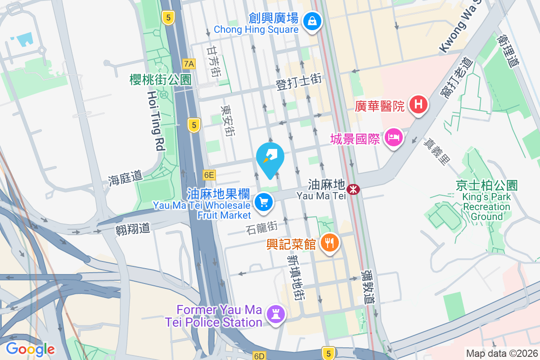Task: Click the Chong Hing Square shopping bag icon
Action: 311,20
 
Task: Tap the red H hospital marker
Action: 418,105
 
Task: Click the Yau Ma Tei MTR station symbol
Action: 354,189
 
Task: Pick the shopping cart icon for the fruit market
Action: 264,202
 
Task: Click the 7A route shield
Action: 189,64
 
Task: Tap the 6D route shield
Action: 259,356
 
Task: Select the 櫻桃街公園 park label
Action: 160,80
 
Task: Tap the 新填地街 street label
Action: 295,278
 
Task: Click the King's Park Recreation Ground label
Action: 486,202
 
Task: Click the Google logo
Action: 30,349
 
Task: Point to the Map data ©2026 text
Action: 501,353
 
